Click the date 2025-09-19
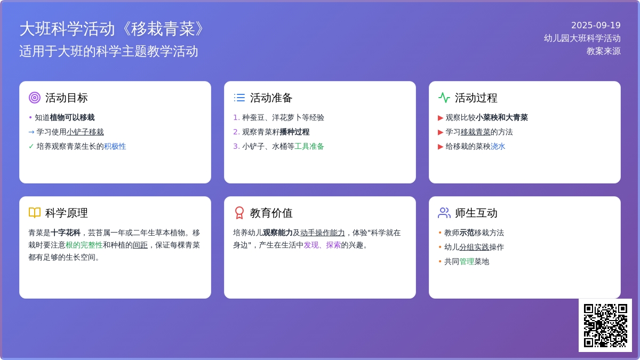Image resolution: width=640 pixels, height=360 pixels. click(596, 26)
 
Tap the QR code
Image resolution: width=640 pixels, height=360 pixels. click(605, 325)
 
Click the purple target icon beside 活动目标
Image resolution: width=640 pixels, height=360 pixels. click(35, 98)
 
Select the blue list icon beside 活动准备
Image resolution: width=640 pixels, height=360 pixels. click(239, 98)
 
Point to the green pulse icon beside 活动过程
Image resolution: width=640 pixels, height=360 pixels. click(444, 98)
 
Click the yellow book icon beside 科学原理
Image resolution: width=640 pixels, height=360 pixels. click(35, 213)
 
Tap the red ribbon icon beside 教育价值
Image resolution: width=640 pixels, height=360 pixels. click(239, 213)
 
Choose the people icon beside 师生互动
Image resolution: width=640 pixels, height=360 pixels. click(444, 213)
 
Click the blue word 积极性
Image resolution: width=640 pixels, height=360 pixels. click(115, 147)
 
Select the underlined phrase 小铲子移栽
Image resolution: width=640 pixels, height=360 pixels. click(85, 132)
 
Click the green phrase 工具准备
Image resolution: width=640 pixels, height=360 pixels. click(309, 147)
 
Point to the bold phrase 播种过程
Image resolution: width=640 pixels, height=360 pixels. click(294, 132)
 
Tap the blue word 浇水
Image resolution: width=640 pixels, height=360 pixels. click(498, 147)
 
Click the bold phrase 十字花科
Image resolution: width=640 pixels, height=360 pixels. click(66, 233)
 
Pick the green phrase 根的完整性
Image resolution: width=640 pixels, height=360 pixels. click(84, 245)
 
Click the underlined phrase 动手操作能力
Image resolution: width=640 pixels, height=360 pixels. click(322, 233)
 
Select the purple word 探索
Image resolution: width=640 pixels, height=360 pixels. click(333, 245)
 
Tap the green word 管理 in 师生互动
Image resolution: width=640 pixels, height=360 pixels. click(467, 262)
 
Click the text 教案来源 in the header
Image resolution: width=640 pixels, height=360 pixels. click(603, 51)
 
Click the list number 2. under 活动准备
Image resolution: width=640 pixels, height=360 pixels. click(236, 132)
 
